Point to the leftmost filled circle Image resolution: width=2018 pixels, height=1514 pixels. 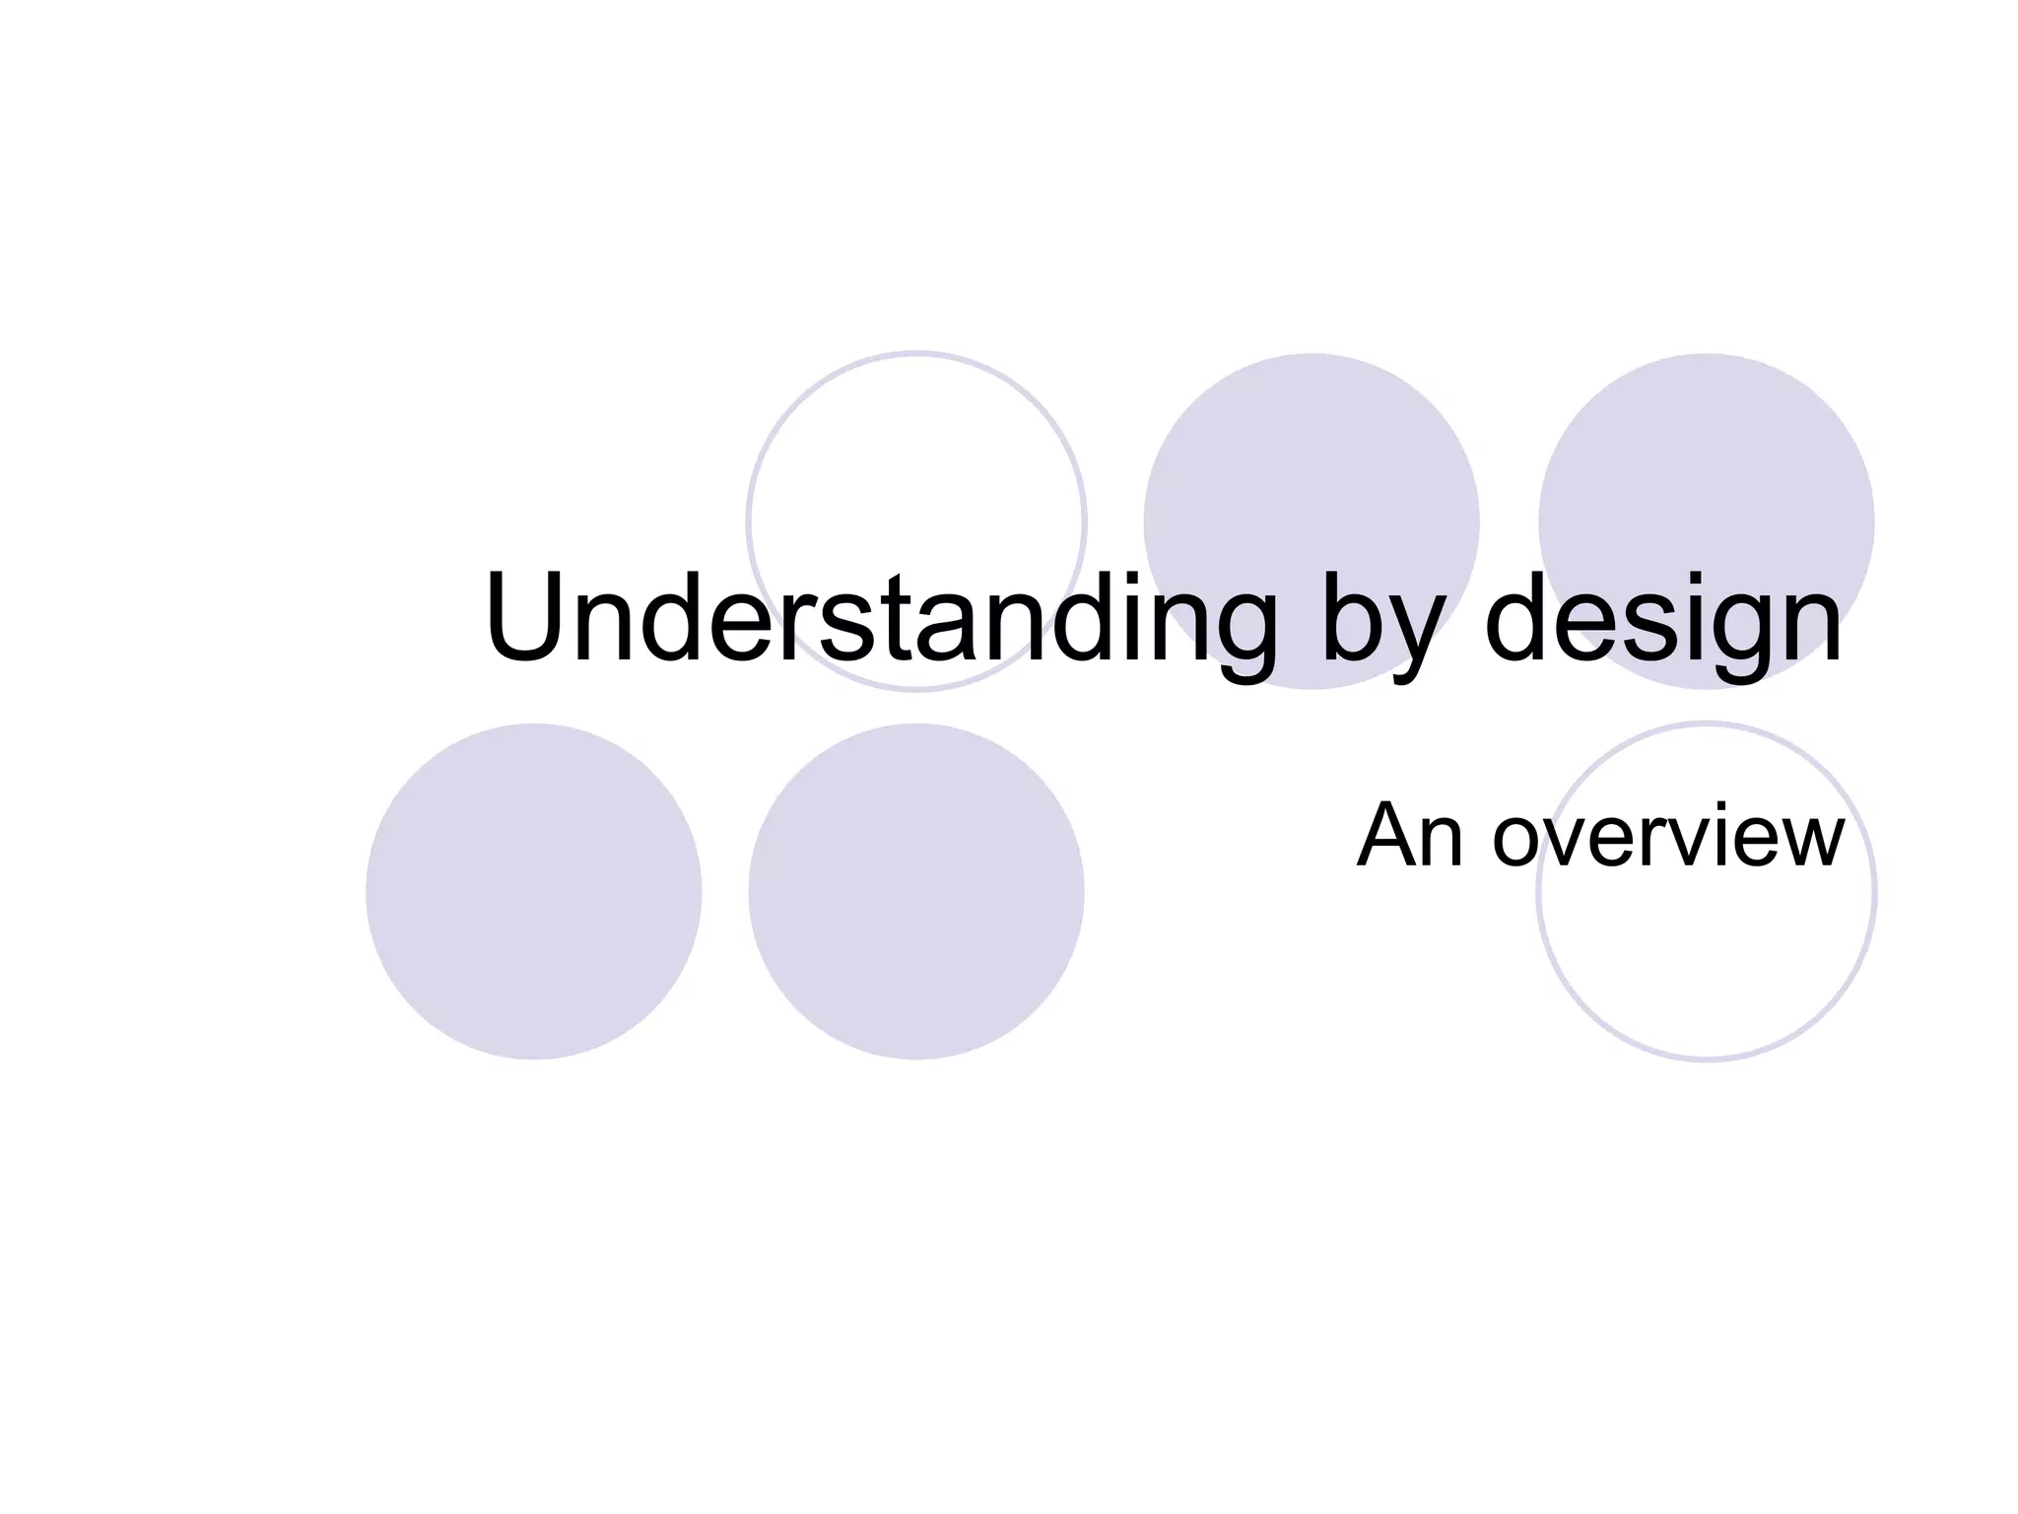[x=533, y=891]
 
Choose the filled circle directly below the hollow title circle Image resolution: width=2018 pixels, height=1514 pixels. [x=915, y=891]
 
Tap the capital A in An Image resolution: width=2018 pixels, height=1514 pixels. [x=1385, y=836]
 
